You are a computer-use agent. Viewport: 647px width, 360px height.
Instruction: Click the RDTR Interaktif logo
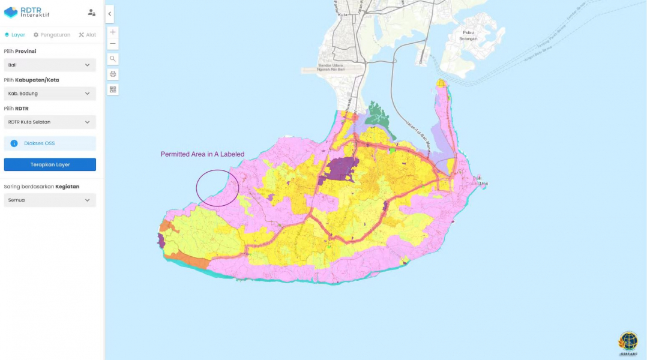click(26, 12)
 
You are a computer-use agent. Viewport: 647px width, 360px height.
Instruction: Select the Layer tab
click(15, 35)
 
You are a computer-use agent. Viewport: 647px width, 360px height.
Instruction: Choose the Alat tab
click(87, 35)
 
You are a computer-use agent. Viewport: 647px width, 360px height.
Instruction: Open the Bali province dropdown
click(50, 65)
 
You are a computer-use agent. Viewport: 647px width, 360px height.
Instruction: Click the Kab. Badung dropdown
click(50, 94)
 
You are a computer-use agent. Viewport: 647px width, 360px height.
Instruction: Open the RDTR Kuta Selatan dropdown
click(50, 122)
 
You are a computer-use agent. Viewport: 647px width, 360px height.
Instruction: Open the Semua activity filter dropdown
click(50, 200)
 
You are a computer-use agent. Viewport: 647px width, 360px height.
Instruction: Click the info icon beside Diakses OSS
click(14, 143)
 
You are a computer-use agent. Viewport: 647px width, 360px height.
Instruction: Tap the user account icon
click(91, 12)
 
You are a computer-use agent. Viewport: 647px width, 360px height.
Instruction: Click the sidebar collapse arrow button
click(109, 14)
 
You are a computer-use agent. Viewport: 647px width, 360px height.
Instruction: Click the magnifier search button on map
click(113, 59)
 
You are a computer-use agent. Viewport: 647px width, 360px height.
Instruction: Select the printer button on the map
click(113, 74)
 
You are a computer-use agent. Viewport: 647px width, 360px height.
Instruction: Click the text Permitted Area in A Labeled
click(202, 154)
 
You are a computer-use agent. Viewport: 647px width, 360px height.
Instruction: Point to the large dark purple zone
click(341, 168)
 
